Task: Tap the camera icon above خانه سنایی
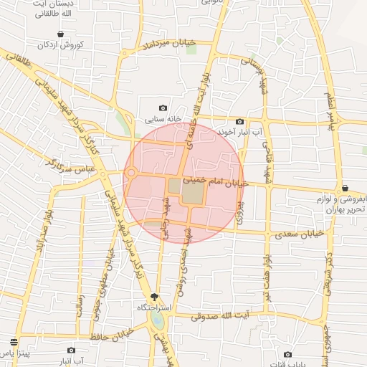click(x=163, y=108)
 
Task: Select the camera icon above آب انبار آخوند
click(x=239, y=122)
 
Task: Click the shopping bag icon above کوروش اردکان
click(x=60, y=34)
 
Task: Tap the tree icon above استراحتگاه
click(x=155, y=297)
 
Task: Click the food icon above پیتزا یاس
click(x=14, y=342)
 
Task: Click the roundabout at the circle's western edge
click(x=131, y=173)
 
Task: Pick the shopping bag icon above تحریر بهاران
click(x=345, y=187)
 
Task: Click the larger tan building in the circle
click(x=193, y=192)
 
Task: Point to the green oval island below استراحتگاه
click(x=158, y=323)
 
